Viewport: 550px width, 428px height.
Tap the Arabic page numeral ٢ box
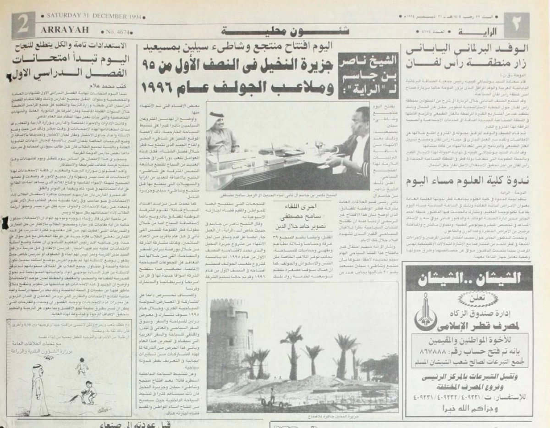pyautogui.click(x=517, y=26)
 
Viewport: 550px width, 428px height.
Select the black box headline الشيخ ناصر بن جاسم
pyautogui.click(x=368, y=75)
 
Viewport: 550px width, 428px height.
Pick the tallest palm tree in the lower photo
pyautogui.click(x=292, y=353)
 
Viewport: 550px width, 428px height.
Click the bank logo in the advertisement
pyautogui.click(x=426, y=314)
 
